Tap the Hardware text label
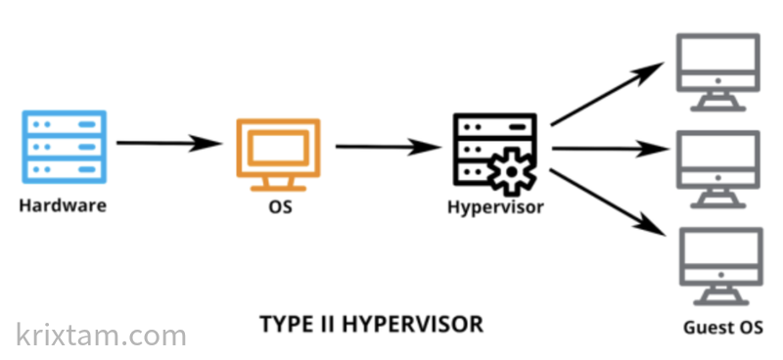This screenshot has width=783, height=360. (62, 206)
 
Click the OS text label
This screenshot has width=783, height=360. (279, 207)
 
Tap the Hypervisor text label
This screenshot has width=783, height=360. (495, 207)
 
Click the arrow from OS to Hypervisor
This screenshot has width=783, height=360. (388, 148)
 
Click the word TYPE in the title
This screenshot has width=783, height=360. (285, 324)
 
